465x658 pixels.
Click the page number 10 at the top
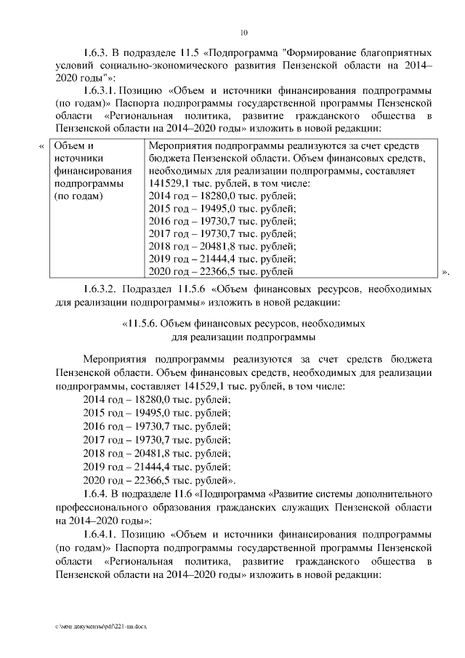tap(244, 32)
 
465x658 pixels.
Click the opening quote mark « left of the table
tap(41, 145)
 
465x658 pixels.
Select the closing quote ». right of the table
tap(445, 273)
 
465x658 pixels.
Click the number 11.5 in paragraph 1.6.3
tap(185, 53)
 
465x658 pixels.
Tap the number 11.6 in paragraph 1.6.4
tap(185, 494)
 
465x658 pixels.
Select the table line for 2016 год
tap(222, 221)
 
